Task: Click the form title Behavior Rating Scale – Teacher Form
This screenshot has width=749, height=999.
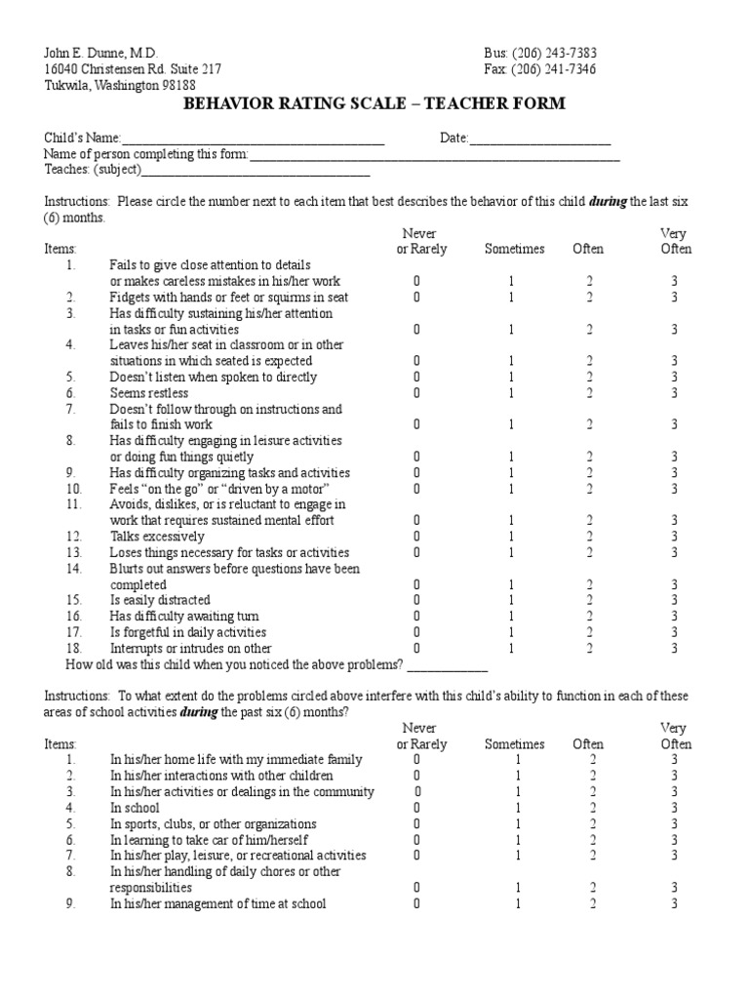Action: [x=374, y=103]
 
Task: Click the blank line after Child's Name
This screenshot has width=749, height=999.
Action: [x=254, y=140]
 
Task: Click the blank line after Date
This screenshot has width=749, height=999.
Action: [x=540, y=140]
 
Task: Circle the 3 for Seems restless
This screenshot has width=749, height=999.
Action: [x=674, y=393]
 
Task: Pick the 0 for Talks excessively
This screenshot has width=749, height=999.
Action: [x=416, y=537]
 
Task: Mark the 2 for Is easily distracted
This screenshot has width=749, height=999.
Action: [x=589, y=600]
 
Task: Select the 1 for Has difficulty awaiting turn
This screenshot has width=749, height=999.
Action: [x=511, y=617]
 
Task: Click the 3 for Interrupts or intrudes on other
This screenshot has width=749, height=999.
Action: [x=674, y=648]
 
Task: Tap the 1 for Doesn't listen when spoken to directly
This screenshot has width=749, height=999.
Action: [x=511, y=377]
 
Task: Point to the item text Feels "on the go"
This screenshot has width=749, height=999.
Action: [x=219, y=489]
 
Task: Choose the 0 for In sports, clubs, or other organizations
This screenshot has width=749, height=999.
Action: [x=416, y=824]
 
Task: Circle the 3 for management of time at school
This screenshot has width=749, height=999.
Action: [x=674, y=904]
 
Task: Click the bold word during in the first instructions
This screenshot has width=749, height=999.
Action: [x=608, y=202]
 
